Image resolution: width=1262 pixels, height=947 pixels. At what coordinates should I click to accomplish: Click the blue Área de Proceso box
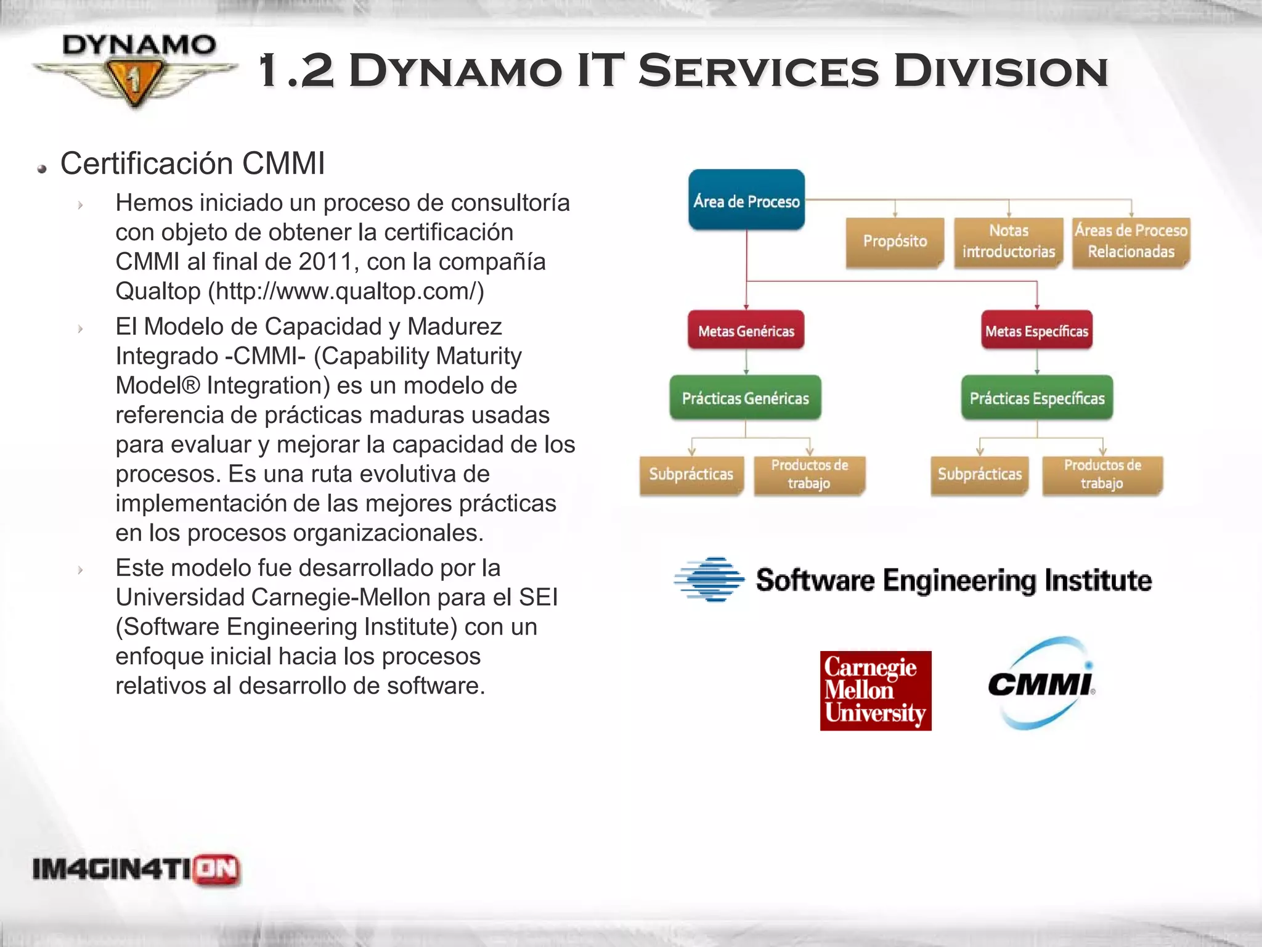click(746, 200)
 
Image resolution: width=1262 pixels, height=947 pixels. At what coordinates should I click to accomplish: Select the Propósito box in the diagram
click(895, 241)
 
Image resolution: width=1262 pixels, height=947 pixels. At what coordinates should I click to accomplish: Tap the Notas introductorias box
click(1009, 241)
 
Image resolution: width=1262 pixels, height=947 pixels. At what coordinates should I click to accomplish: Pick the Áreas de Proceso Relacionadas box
click(1131, 241)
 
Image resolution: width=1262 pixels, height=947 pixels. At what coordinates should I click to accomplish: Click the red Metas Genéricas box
click(746, 331)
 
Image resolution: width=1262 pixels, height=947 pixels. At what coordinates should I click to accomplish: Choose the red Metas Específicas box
click(1036, 331)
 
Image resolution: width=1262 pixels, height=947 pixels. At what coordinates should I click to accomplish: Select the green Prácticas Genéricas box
click(746, 398)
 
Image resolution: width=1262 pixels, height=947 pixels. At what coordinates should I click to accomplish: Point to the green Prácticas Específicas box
click(1037, 398)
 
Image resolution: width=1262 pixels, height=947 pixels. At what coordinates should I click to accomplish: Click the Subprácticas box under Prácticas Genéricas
click(691, 474)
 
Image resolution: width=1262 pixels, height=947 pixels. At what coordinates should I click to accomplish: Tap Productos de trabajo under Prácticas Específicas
click(1102, 474)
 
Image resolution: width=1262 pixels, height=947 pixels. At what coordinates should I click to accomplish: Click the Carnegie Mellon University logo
click(876, 691)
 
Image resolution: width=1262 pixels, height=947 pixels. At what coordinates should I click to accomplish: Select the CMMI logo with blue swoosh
click(1041, 683)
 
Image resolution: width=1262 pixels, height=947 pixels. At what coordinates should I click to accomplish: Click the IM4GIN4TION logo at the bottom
click(136, 870)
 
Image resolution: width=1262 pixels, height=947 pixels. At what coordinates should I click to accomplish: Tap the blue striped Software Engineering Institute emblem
click(710, 580)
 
